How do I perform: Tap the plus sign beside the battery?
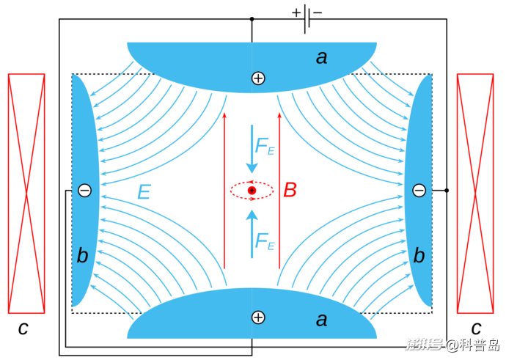point(296,12)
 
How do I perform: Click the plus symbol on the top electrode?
point(257,78)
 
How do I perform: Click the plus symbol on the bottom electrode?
point(257,317)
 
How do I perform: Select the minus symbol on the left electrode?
point(84,191)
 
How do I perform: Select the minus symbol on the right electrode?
point(419,191)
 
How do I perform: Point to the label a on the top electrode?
point(321,57)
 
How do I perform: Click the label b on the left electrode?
point(82,255)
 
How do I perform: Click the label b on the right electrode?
point(419,255)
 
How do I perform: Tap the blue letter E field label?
point(144,193)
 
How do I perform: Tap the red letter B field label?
point(290,191)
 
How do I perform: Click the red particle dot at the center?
point(252,191)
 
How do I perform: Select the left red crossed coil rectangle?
point(26,193)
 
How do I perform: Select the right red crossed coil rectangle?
point(475,193)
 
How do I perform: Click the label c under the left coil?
point(23,328)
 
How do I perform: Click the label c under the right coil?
point(476,328)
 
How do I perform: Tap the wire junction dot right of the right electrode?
point(447,191)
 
